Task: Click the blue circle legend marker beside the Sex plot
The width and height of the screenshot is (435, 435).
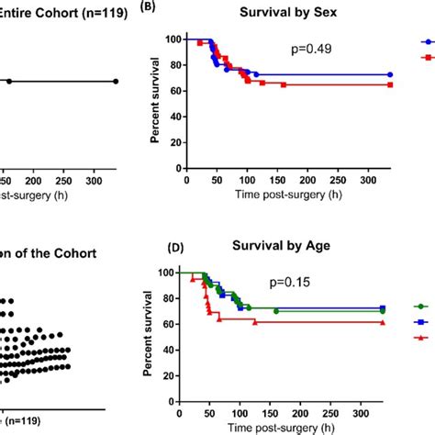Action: click(x=426, y=42)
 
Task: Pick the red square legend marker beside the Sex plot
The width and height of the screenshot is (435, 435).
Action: click(x=426, y=58)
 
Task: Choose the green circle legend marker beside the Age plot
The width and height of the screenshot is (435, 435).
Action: click(x=421, y=307)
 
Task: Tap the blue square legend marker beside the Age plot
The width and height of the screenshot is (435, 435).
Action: click(x=421, y=322)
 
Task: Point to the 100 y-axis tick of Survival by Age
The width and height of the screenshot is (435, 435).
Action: click(x=165, y=273)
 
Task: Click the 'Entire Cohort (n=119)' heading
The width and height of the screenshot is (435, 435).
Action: click(x=55, y=14)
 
